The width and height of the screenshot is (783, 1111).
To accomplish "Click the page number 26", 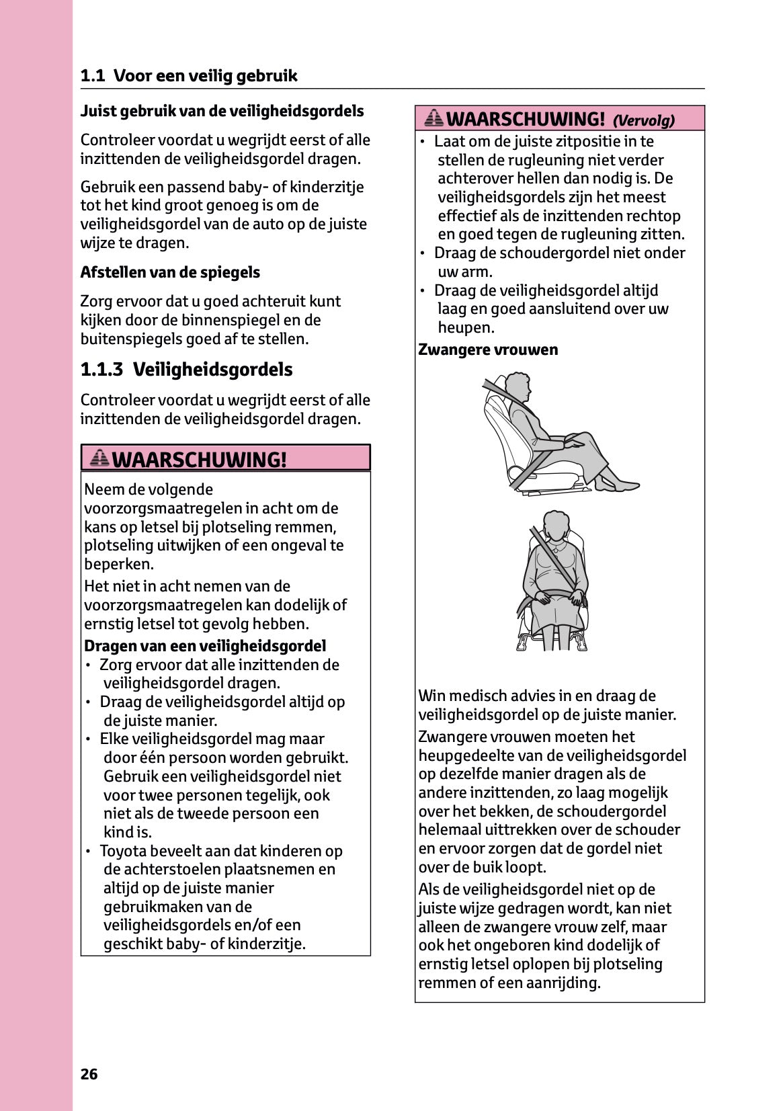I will (89, 1074).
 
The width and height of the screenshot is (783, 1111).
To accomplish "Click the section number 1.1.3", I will (101, 370).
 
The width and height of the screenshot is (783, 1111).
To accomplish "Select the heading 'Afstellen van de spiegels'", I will (170, 272).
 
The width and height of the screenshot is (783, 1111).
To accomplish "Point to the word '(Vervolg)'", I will (643, 121).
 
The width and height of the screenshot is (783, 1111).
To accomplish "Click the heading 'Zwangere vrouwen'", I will (488, 349).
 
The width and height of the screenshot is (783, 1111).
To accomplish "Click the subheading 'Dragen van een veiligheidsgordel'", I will (205, 646).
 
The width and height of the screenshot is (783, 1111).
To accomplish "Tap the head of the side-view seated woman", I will (518, 387).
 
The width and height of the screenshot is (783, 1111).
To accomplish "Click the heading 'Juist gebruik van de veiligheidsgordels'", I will (222, 111).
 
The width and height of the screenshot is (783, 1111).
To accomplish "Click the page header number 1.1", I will (93, 76).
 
